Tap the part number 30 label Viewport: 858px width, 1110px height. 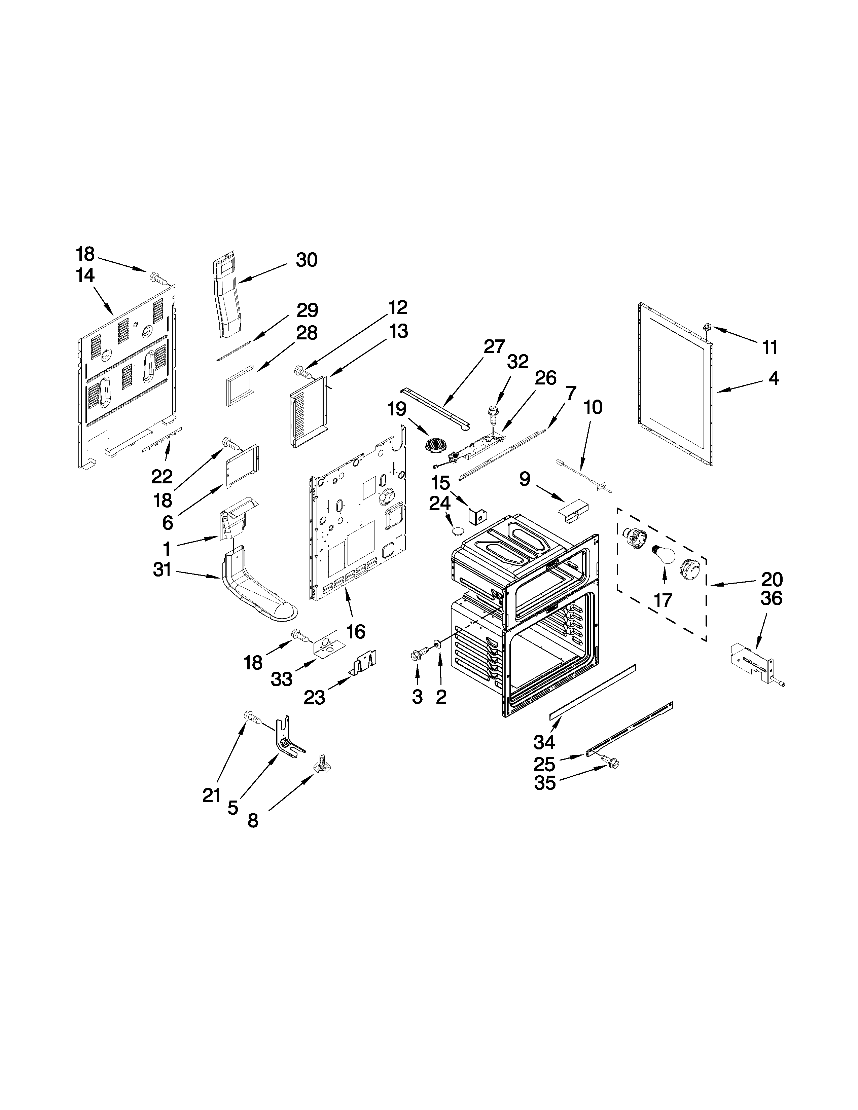(307, 260)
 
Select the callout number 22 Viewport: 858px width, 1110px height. (162, 476)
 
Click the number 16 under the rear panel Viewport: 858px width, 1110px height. (355, 631)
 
